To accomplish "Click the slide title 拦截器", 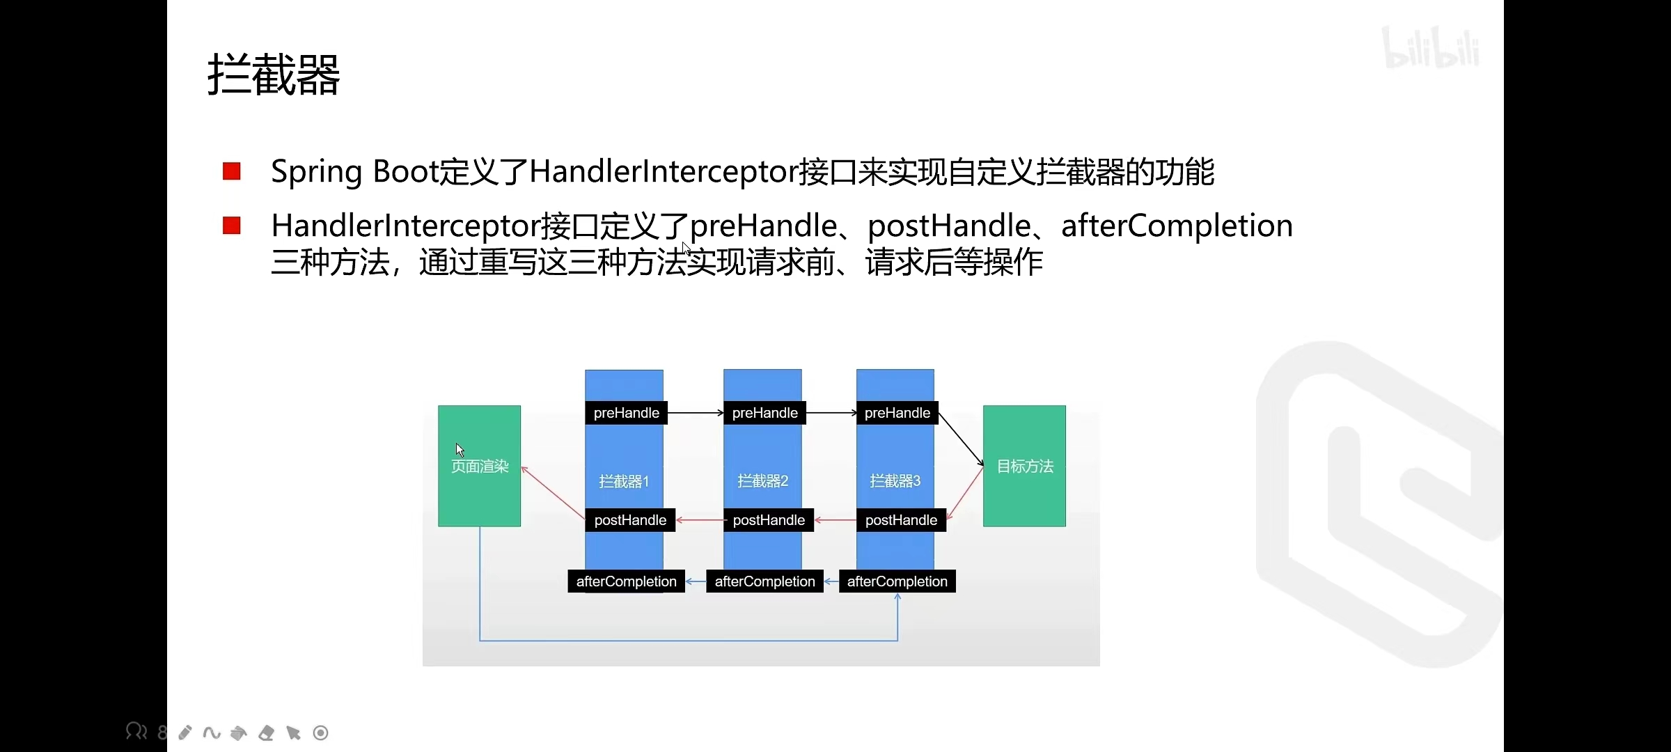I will [x=274, y=75].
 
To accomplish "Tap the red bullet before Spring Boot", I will [x=231, y=171].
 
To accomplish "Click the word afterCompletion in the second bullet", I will [x=1177, y=226].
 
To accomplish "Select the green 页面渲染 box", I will [x=479, y=466].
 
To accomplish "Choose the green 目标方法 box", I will [x=1024, y=466].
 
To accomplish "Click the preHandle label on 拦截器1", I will [x=626, y=413].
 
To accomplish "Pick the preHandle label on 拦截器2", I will [x=764, y=413].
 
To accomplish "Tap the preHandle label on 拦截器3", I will [x=897, y=413].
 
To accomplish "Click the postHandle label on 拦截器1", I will [x=630, y=520].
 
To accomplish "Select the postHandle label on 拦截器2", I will [x=769, y=520].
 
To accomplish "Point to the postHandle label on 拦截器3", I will [x=901, y=520].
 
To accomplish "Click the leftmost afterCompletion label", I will [x=626, y=581].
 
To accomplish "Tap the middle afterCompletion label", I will [x=764, y=581].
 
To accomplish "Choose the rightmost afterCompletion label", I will [x=897, y=581].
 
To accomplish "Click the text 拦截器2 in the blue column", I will [x=762, y=481].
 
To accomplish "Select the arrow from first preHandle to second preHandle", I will [x=695, y=413].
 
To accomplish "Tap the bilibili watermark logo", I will [x=1431, y=49].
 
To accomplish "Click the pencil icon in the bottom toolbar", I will [x=185, y=733].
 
